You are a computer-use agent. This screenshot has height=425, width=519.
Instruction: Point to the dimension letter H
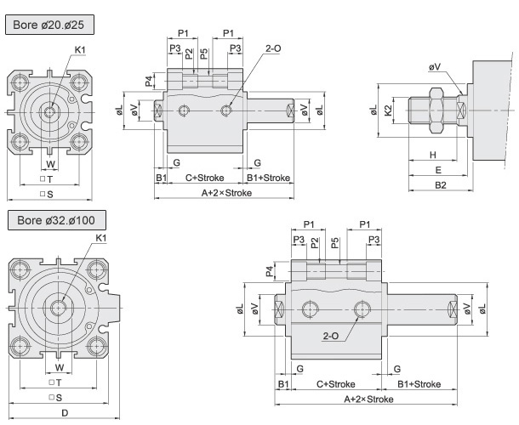[x=432, y=156]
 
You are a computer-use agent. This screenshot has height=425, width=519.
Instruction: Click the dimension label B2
[x=440, y=184]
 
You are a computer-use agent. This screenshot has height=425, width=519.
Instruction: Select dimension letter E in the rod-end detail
[x=439, y=170]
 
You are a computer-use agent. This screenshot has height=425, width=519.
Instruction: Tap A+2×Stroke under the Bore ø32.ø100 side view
[x=368, y=399]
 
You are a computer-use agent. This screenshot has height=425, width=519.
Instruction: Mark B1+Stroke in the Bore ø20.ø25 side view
[x=269, y=178]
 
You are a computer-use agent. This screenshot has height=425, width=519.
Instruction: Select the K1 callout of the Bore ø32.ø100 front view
[x=101, y=237]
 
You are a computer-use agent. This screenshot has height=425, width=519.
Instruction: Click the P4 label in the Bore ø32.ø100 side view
[x=270, y=271]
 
